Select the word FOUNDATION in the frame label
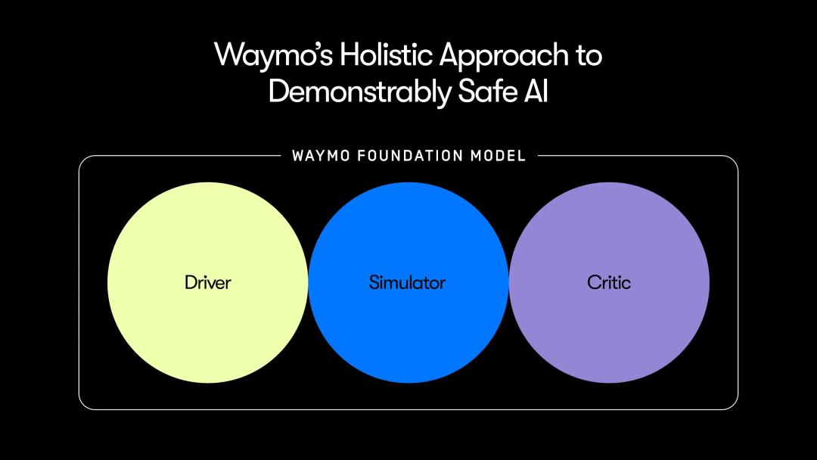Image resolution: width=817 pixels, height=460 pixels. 410,157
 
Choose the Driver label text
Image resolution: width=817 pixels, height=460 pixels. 207,283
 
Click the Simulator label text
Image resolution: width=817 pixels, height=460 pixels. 407,283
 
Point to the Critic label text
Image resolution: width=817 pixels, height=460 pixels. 608,283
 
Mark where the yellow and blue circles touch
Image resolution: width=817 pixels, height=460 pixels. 308,283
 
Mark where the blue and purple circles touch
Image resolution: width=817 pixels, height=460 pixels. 508,283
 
